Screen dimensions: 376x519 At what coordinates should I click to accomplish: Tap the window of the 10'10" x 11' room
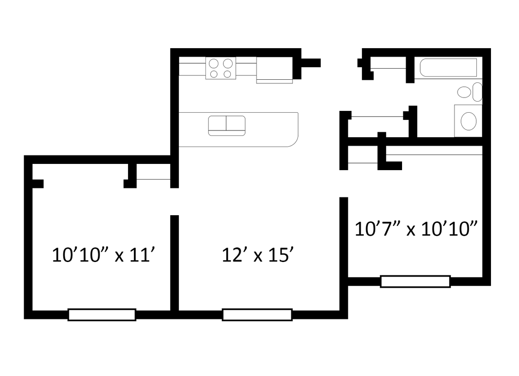(x=101, y=315)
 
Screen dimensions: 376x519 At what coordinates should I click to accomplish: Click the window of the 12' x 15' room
(x=257, y=315)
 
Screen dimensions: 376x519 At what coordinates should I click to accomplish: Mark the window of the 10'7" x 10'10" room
(x=415, y=282)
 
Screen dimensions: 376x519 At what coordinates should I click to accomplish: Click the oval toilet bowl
(x=464, y=93)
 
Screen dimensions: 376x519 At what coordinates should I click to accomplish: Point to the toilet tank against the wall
(x=477, y=92)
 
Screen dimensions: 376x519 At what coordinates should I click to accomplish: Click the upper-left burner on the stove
(x=213, y=63)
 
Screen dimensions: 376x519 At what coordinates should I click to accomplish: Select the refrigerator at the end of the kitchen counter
(x=274, y=70)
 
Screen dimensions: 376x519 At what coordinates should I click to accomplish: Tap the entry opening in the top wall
(x=339, y=63)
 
